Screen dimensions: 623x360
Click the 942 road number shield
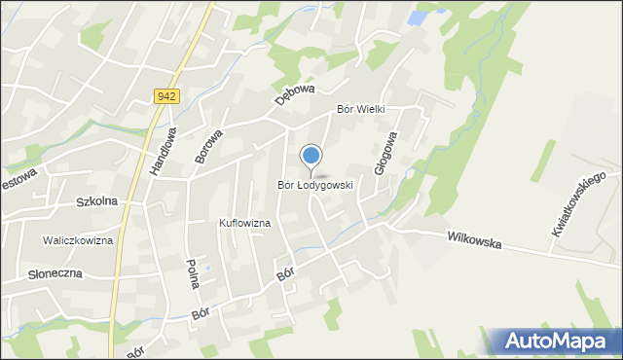tap(166, 95)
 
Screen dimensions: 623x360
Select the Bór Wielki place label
tap(361, 110)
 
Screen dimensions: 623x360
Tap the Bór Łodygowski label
tap(314, 184)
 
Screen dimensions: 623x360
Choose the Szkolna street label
tap(96, 201)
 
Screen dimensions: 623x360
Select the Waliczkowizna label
tap(78, 240)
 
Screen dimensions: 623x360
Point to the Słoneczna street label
tap(41, 273)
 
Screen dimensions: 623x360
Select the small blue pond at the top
tap(419, 18)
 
